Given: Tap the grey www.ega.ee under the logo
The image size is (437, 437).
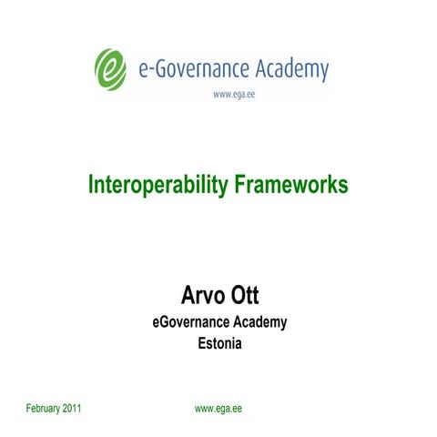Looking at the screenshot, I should [233, 94].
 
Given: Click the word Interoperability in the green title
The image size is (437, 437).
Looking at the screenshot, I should [155, 186].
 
